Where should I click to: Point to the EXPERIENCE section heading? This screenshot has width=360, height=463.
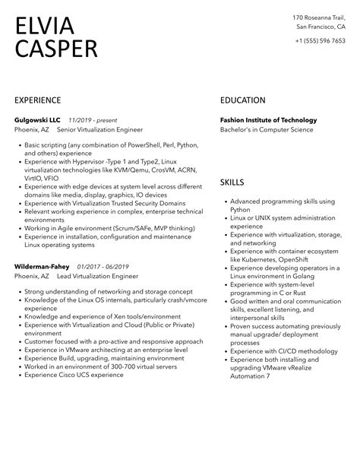[x=43, y=100]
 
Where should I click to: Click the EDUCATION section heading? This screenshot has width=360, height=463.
[x=242, y=100]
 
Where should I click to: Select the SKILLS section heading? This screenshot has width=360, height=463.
[x=232, y=182]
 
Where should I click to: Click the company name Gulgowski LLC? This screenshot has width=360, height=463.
[x=38, y=120]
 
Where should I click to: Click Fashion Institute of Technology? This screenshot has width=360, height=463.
[x=268, y=120]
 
